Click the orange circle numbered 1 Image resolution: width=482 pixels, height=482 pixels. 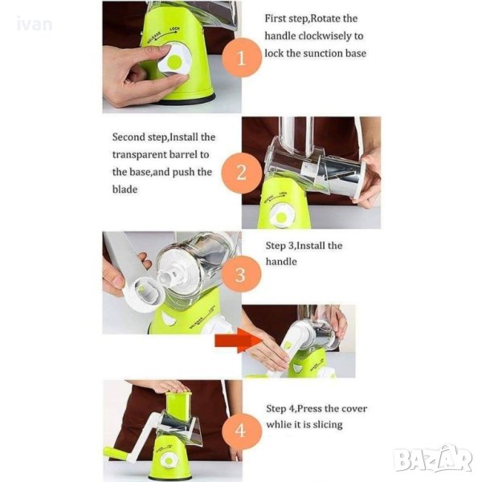pyautogui.click(x=242, y=58)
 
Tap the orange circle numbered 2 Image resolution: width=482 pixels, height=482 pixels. pyautogui.click(x=242, y=173)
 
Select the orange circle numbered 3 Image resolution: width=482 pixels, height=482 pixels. pyautogui.click(x=241, y=274)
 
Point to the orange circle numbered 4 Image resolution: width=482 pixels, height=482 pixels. pyautogui.click(x=241, y=431)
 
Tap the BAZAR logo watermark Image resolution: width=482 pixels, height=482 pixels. pyautogui.click(x=434, y=459)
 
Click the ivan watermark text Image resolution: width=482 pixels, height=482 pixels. pyautogui.click(x=35, y=24)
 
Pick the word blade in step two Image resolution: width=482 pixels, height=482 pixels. pyautogui.click(x=125, y=189)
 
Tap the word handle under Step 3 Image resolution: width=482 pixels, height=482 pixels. pyautogui.click(x=281, y=262)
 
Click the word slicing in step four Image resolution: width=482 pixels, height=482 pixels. pyautogui.click(x=328, y=425)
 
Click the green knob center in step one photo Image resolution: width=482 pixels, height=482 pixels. pyautogui.click(x=174, y=62)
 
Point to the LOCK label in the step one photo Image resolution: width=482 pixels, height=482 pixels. pyautogui.click(x=174, y=30)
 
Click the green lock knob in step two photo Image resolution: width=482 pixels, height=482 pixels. pyautogui.click(x=281, y=218)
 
